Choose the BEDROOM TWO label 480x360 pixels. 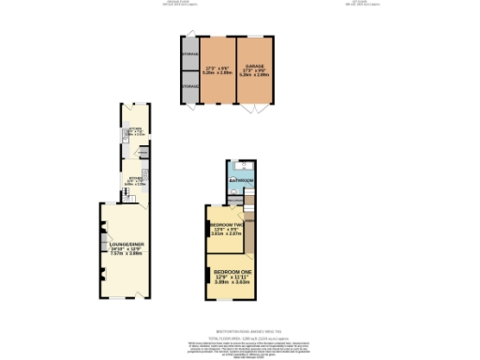(226, 225)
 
